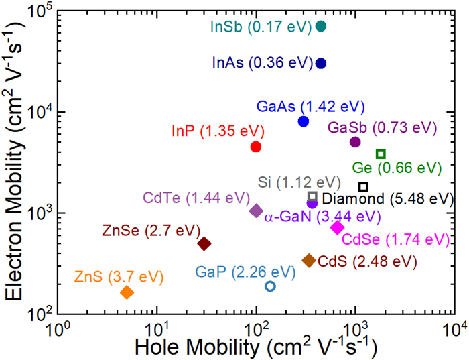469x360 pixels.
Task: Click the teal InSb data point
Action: click(x=321, y=26)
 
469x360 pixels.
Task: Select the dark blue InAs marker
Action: click(x=321, y=63)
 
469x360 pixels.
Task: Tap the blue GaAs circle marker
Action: click(x=304, y=121)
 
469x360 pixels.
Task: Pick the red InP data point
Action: click(x=255, y=147)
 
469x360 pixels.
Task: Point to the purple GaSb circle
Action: click(x=355, y=142)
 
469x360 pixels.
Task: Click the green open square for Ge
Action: click(x=381, y=154)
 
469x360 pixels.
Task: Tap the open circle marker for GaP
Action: click(x=270, y=286)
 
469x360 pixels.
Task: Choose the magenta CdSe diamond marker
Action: click(x=337, y=228)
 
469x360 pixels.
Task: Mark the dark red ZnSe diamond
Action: click(x=204, y=243)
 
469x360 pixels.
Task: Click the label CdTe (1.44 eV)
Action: click(x=192, y=198)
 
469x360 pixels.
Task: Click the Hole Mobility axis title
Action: click(x=255, y=347)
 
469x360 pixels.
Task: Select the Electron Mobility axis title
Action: click(x=15, y=161)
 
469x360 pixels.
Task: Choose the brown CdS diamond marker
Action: click(x=309, y=260)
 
